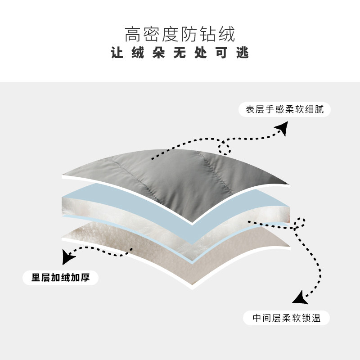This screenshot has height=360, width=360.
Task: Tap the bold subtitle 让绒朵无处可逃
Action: (x=180, y=54)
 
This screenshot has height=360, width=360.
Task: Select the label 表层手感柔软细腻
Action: (x=284, y=109)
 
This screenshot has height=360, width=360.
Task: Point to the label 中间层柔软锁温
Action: (x=286, y=318)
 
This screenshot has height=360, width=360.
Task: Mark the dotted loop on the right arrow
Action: (x=300, y=223)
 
